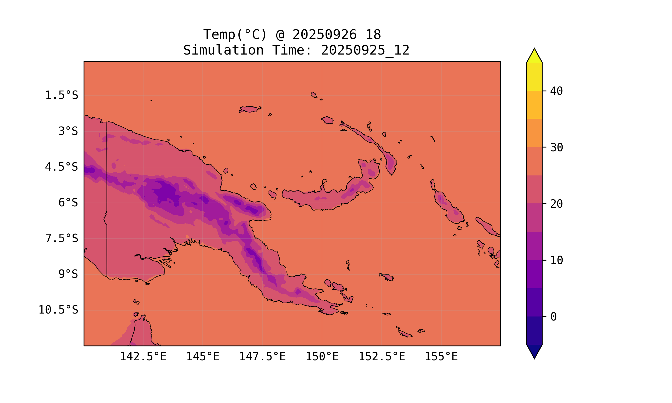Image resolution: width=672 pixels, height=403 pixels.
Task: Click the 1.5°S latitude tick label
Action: pyautogui.click(x=62, y=95)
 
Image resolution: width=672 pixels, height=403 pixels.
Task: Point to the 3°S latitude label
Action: pyautogui.click(x=68, y=131)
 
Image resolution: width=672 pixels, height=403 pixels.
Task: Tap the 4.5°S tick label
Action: pyautogui.click(x=62, y=167)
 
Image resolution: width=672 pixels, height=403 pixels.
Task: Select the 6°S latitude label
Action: pyautogui.click(x=68, y=203)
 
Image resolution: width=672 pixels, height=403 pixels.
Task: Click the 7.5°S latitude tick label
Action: pyautogui.click(x=62, y=238)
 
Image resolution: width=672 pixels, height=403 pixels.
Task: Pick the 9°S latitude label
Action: pyautogui.click(x=68, y=274)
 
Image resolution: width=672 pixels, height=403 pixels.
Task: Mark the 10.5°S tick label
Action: pyautogui.click(x=58, y=310)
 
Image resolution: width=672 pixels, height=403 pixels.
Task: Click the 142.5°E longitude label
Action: pyautogui.click(x=143, y=357)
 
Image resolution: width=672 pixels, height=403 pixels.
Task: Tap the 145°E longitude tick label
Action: pyautogui.click(x=203, y=357)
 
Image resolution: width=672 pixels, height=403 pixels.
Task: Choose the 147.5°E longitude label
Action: pyautogui.click(x=262, y=357)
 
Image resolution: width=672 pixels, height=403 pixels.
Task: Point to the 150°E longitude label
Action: pyautogui.click(x=322, y=357)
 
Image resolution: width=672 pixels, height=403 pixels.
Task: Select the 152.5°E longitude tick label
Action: pyautogui.click(x=382, y=357)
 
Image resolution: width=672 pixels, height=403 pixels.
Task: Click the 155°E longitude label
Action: pyautogui.click(x=441, y=357)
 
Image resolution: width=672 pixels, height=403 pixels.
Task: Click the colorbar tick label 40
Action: pyautogui.click(x=557, y=91)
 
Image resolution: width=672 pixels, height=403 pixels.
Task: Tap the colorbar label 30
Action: pyautogui.click(x=557, y=147)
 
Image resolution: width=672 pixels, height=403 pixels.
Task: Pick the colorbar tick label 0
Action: pyautogui.click(x=553, y=317)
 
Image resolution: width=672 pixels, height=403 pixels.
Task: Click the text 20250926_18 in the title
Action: pyautogui.click(x=337, y=35)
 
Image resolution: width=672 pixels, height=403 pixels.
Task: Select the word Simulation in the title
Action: pyautogui.click(x=223, y=50)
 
